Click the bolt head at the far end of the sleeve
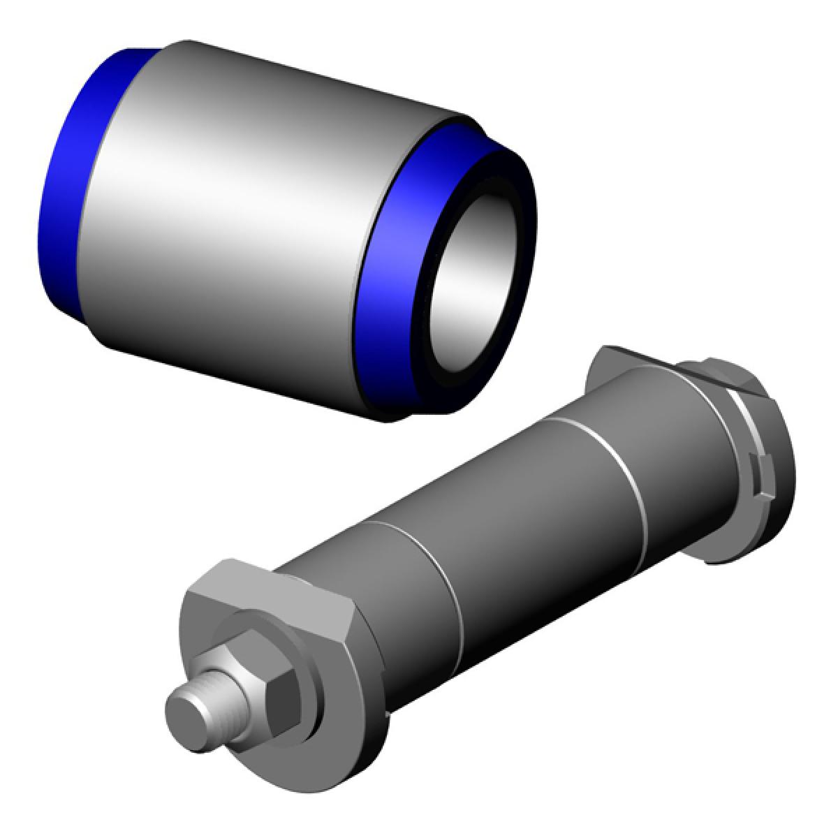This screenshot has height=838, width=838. coord(726,377)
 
